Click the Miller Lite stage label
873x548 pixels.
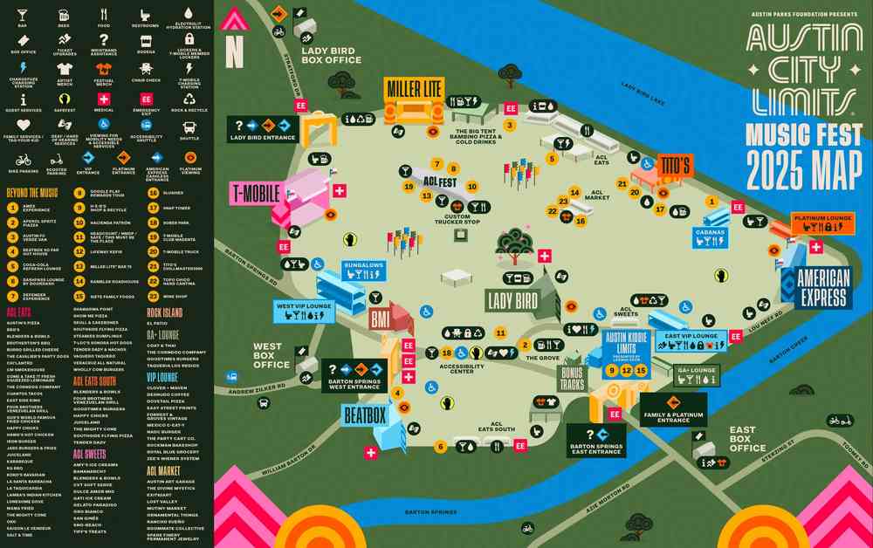coord(415,88)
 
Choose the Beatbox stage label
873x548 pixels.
coord(364,415)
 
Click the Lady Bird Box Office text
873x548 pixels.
coord(331,56)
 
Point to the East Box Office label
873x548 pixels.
coord(747,439)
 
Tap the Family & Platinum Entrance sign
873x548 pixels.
coord(672,414)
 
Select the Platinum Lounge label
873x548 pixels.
coord(821,217)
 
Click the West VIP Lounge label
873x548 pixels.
coord(303,306)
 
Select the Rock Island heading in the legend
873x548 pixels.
coord(164,312)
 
